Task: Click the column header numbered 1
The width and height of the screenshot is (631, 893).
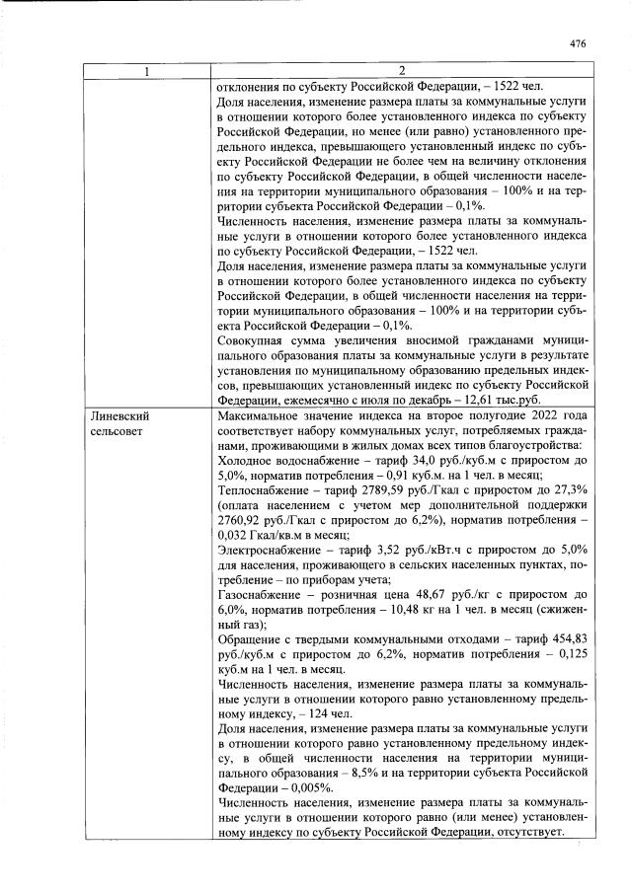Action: click(x=147, y=70)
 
